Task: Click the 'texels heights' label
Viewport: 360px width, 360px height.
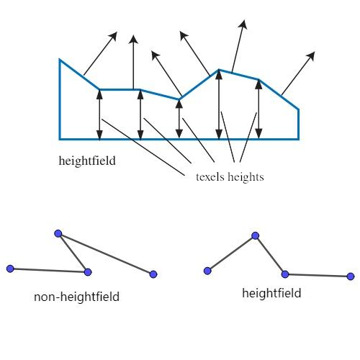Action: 230,176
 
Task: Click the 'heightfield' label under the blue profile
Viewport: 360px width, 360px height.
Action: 87,161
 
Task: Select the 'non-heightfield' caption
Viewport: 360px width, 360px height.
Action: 76,296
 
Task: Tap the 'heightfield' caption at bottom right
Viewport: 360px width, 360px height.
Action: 271,293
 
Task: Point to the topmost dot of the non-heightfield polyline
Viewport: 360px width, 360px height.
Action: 58,233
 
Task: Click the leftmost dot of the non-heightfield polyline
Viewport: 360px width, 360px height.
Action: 10,269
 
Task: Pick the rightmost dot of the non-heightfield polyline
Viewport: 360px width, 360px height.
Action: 153,274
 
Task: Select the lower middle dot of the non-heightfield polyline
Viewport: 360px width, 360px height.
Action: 88,272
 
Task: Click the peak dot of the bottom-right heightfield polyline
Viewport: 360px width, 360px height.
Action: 255,235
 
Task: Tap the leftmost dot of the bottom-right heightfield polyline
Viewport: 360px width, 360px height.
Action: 207,271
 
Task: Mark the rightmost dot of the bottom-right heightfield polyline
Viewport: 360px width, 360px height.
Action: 351,276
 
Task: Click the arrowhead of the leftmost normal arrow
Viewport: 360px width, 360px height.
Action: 114,35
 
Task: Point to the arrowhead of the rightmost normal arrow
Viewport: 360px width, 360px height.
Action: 312,55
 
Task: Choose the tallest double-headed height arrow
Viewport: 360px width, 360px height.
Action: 219,104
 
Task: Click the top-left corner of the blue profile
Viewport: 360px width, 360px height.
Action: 60,60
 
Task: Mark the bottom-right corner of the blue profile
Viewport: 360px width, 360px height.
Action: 299,138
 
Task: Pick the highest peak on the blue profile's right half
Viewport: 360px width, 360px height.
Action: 219,70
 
